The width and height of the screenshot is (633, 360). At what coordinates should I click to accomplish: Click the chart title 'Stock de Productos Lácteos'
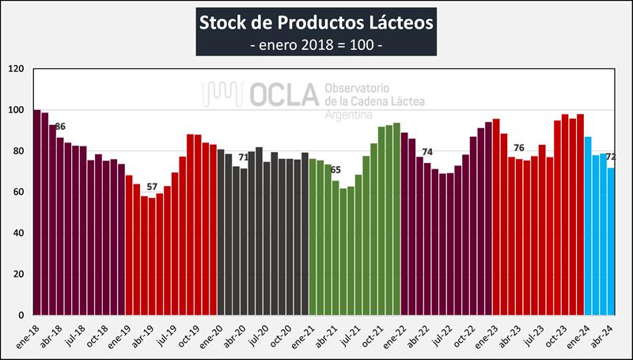[x=316, y=20]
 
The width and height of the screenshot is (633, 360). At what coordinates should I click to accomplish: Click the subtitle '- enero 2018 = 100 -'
[x=316, y=43]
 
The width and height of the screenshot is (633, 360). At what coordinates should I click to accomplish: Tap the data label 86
[x=60, y=127]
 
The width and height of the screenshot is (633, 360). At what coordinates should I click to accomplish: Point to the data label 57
[x=152, y=187]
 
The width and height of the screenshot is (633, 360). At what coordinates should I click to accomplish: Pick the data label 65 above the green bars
[x=335, y=170]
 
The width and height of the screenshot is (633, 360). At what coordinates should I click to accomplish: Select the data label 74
[x=427, y=152]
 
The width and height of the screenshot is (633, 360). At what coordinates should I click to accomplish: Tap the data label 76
[x=519, y=148]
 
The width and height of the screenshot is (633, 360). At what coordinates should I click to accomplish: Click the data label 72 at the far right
[x=611, y=157]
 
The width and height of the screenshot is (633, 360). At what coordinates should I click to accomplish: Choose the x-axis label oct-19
[x=188, y=335]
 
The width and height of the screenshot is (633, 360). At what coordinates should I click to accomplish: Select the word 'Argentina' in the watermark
[x=351, y=115]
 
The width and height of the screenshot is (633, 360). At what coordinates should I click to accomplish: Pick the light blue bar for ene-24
[x=588, y=225]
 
